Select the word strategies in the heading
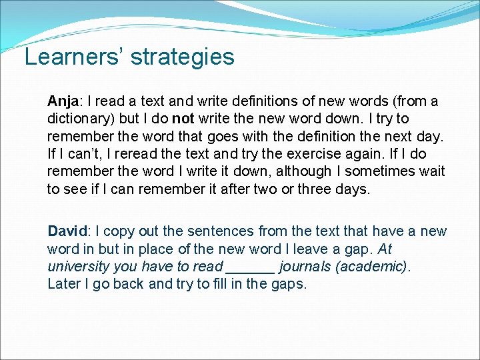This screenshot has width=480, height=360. point(182,58)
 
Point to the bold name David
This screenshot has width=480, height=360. point(67,231)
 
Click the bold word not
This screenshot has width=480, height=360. point(182,119)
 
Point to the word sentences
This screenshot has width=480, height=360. point(218,231)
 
